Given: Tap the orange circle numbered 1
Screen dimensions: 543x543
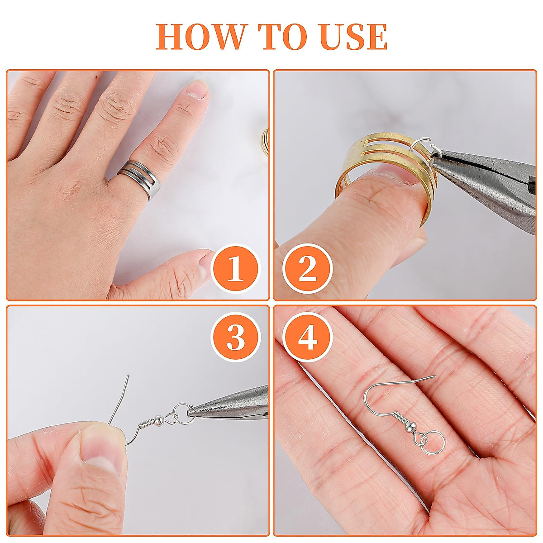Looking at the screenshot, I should pos(235,269).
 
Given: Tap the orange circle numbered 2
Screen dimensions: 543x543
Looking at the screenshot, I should pos(308,269).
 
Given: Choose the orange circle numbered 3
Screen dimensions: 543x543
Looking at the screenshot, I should pos(235,338).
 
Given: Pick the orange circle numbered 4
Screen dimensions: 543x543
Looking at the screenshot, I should pos(308,338).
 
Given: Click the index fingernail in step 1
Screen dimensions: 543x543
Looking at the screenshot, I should pos(197,89).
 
